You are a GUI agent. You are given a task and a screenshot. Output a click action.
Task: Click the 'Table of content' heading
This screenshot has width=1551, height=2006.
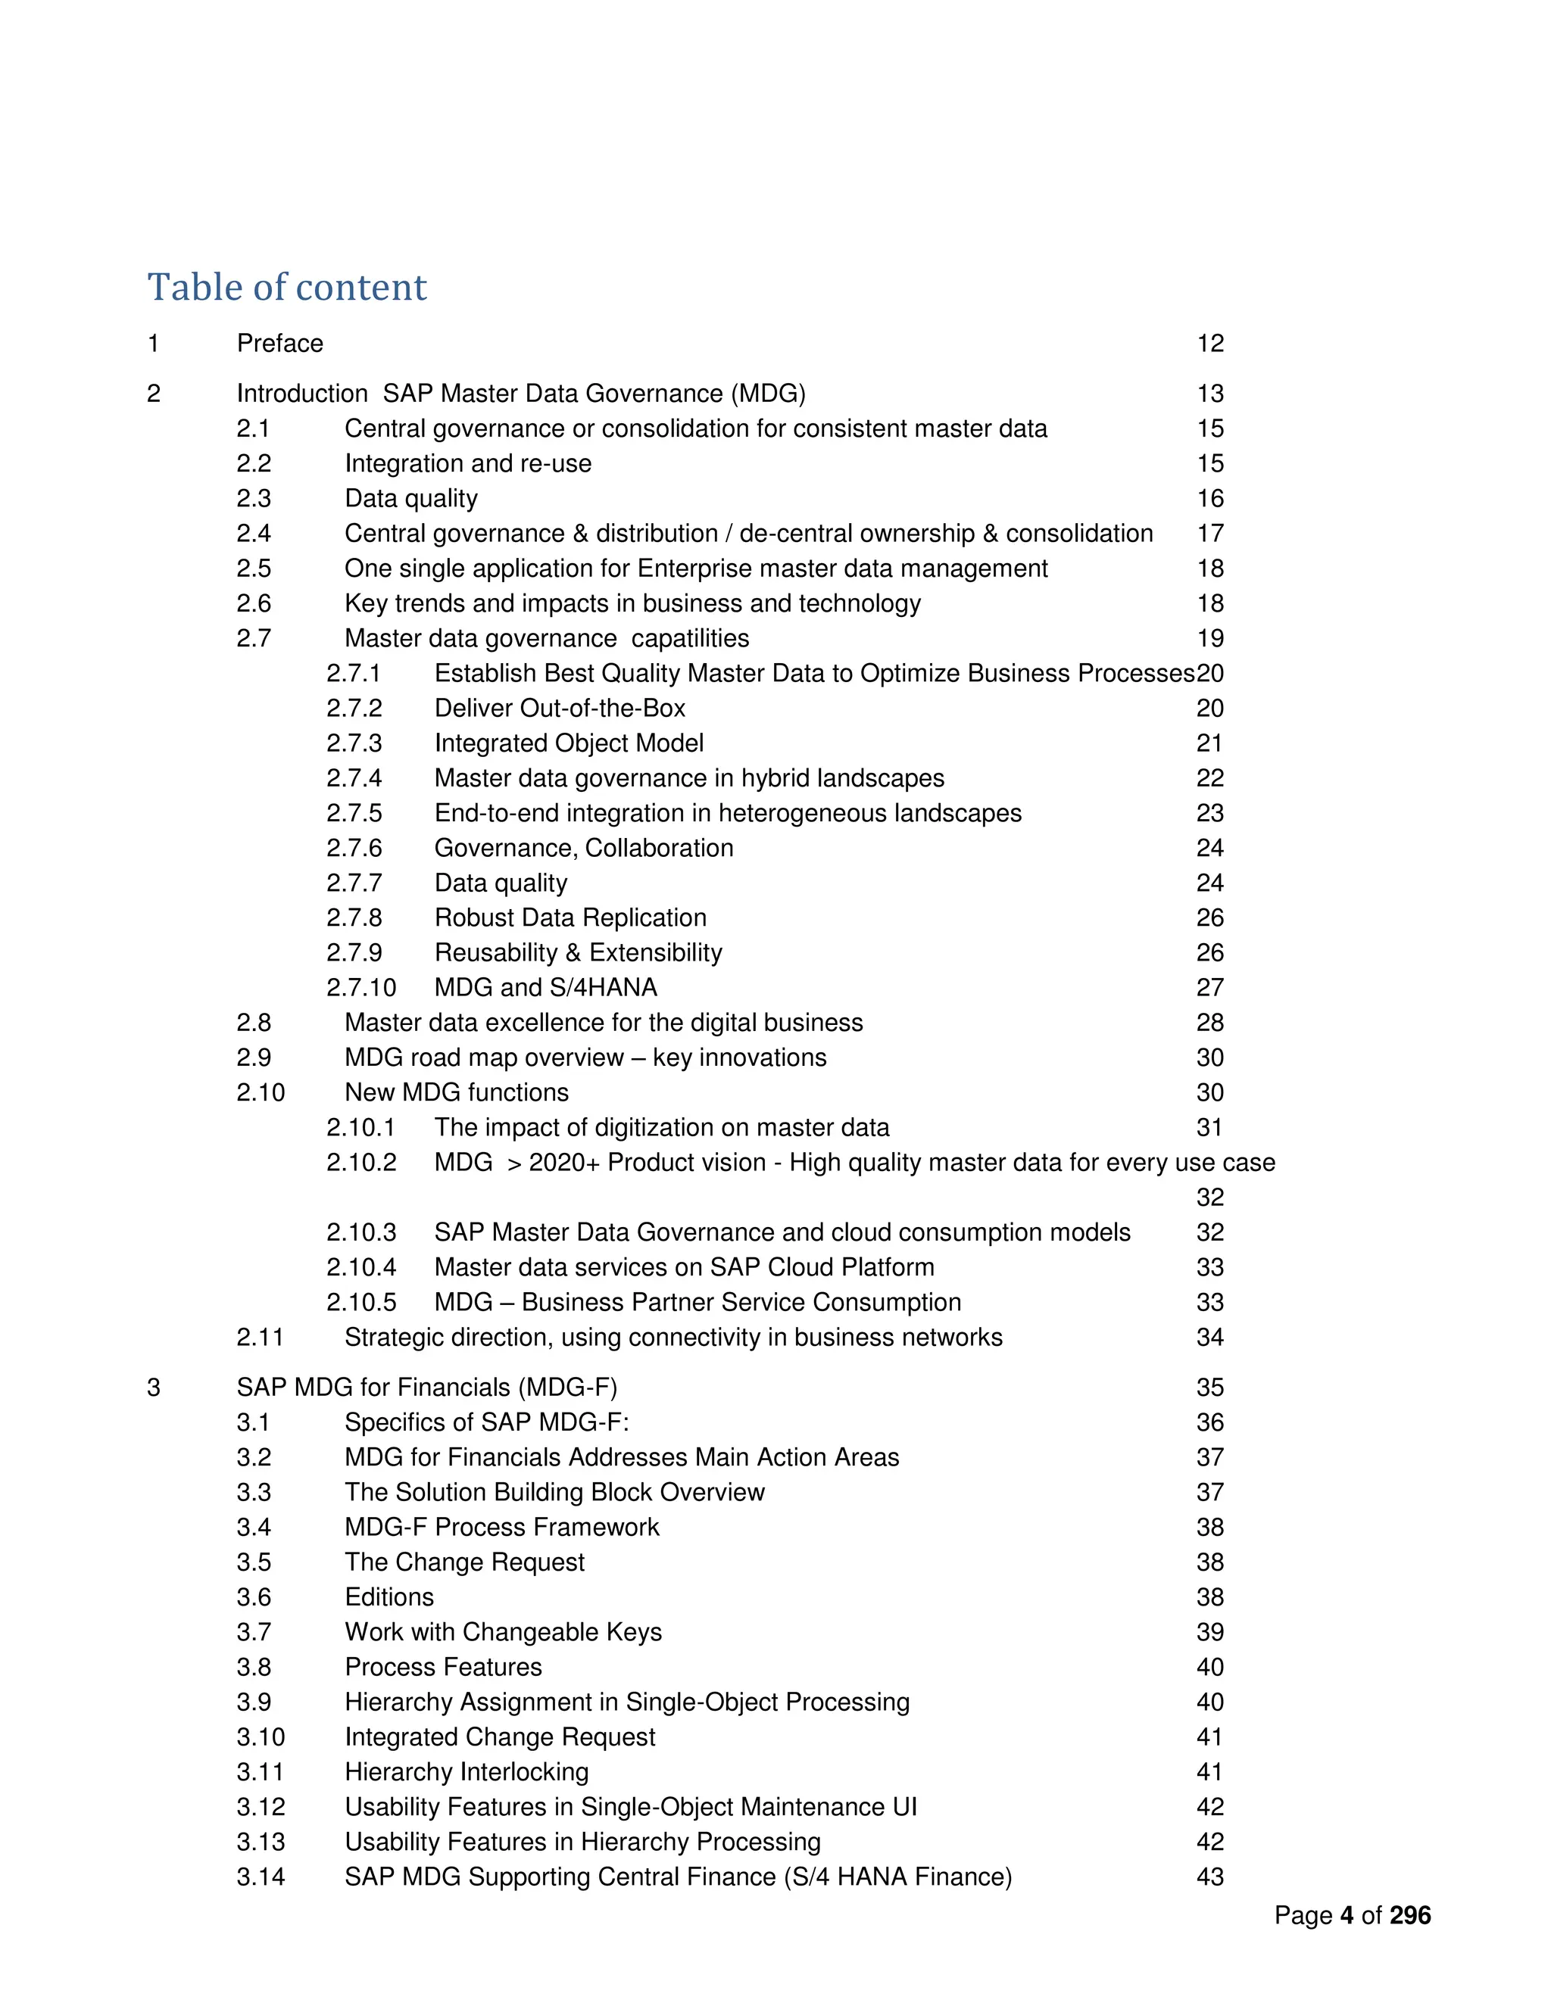point(287,288)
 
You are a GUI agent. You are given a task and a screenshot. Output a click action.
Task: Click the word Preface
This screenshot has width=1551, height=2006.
point(280,344)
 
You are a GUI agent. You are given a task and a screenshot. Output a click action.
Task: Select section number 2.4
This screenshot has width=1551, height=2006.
point(254,534)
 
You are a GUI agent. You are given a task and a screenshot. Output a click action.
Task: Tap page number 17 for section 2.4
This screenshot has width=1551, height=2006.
point(1210,534)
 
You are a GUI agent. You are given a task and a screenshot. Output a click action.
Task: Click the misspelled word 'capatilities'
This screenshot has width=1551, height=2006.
point(690,638)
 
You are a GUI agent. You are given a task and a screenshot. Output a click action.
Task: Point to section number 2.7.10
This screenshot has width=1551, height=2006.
point(361,987)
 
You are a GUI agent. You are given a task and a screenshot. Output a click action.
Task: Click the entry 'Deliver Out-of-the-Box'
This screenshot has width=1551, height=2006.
point(560,709)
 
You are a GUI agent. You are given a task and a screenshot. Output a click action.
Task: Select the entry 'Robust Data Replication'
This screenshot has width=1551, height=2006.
point(570,917)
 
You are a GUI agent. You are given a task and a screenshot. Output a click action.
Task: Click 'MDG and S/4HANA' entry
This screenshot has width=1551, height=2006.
point(546,987)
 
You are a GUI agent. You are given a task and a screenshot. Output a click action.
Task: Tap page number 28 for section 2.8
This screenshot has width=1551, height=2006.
point(1210,1022)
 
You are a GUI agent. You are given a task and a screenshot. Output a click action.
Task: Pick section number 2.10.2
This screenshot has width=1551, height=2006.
point(361,1162)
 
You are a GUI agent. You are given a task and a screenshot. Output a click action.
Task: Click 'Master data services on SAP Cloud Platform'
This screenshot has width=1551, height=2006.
point(684,1266)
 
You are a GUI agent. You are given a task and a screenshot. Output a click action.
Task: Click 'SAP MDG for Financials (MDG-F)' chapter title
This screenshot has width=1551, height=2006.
point(427,1387)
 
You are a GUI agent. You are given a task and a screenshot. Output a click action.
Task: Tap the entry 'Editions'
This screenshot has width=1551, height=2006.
point(389,1596)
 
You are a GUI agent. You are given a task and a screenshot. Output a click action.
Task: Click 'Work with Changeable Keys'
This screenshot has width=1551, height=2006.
point(503,1631)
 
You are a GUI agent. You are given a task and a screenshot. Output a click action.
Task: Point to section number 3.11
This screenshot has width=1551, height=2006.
point(260,1772)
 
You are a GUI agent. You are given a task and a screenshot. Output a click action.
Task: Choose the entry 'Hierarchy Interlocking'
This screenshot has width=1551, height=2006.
point(467,1772)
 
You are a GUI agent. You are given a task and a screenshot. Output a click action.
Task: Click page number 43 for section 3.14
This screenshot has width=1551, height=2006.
point(1210,1877)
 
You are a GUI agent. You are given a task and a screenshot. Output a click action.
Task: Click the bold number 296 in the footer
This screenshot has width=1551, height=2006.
point(1410,1915)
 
